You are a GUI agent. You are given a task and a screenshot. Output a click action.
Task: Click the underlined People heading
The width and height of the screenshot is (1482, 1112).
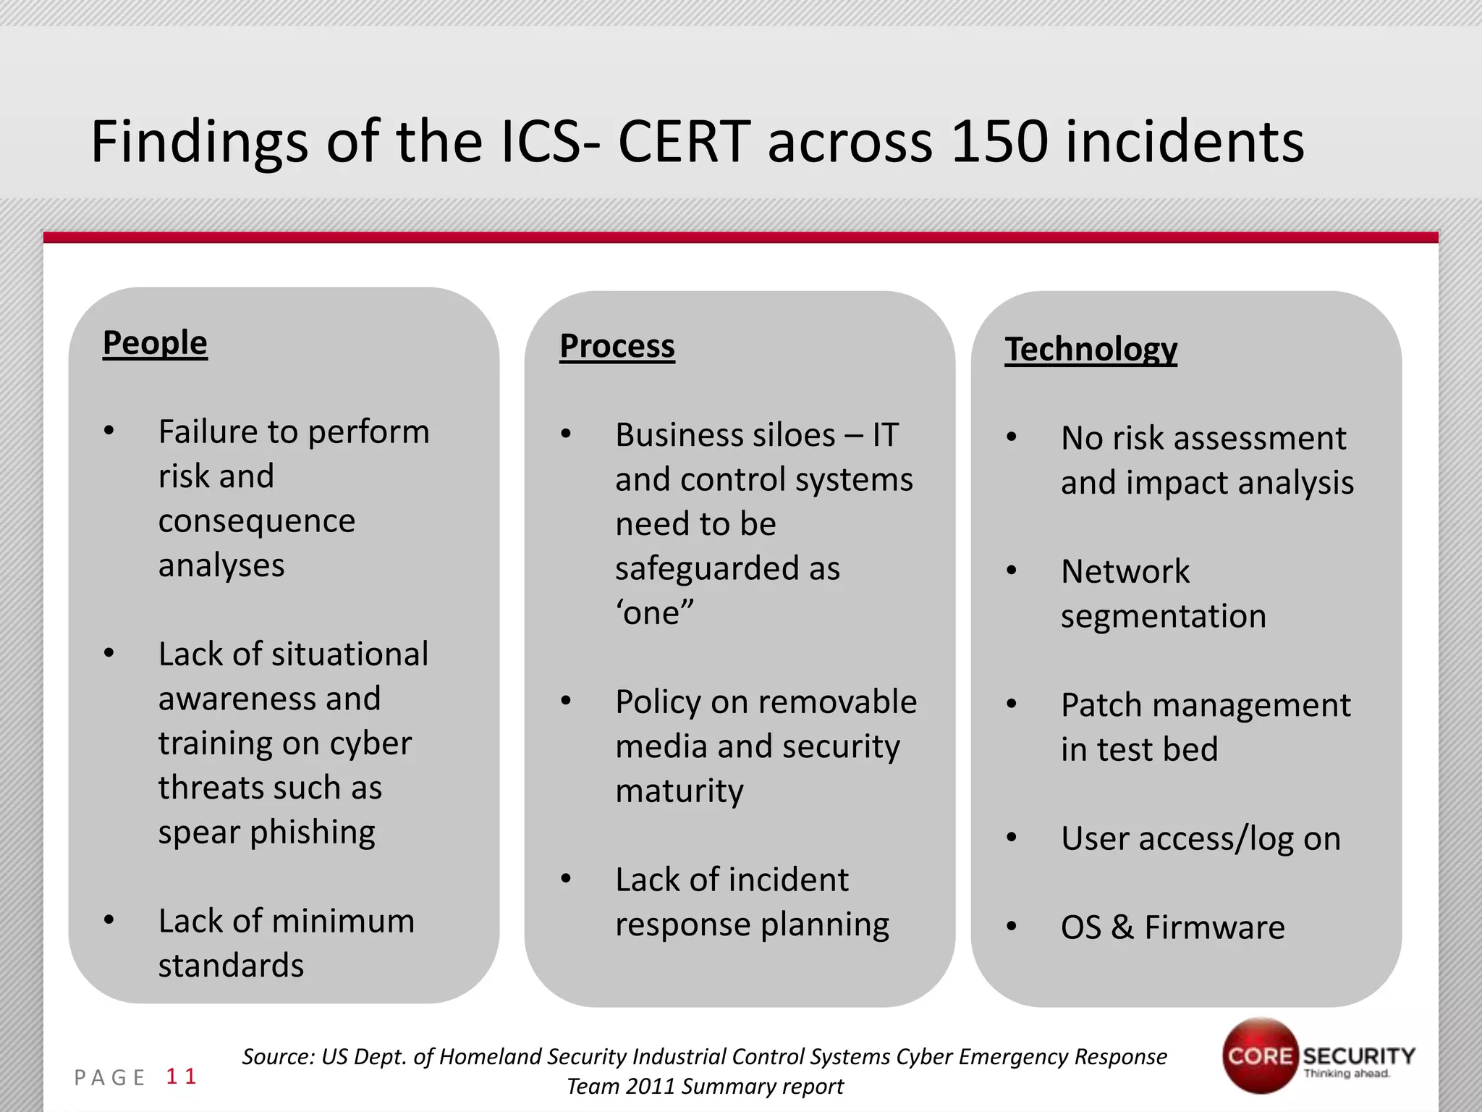click(x=155, y=342)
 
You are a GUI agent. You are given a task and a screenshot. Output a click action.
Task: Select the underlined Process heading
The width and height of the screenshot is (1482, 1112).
click(x=617, y=346)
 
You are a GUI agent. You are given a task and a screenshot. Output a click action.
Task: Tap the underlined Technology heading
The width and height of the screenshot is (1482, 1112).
click(x=1091, y=349)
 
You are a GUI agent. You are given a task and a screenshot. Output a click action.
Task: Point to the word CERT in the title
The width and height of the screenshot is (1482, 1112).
click(x=683, y=141)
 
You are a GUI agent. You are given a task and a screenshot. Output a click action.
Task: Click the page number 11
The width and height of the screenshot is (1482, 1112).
click(x=181, y=1077)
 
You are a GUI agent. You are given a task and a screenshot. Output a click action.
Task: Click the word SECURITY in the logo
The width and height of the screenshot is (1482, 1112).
click(x=1359, y=1056)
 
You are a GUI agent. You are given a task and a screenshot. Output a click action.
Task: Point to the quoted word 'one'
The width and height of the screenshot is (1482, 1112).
click(x=654, y=613)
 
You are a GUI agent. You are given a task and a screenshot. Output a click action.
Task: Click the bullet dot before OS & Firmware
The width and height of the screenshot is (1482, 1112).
click(x=1012, y=927)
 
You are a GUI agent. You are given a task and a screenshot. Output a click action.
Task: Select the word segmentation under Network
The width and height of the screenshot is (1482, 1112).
click(x=1164, y=616)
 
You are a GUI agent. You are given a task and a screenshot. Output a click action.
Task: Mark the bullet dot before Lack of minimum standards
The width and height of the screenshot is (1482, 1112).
click(x=109, y=920)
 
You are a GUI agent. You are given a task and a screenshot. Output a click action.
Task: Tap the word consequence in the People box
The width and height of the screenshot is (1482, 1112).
click(x=257, y=521)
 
